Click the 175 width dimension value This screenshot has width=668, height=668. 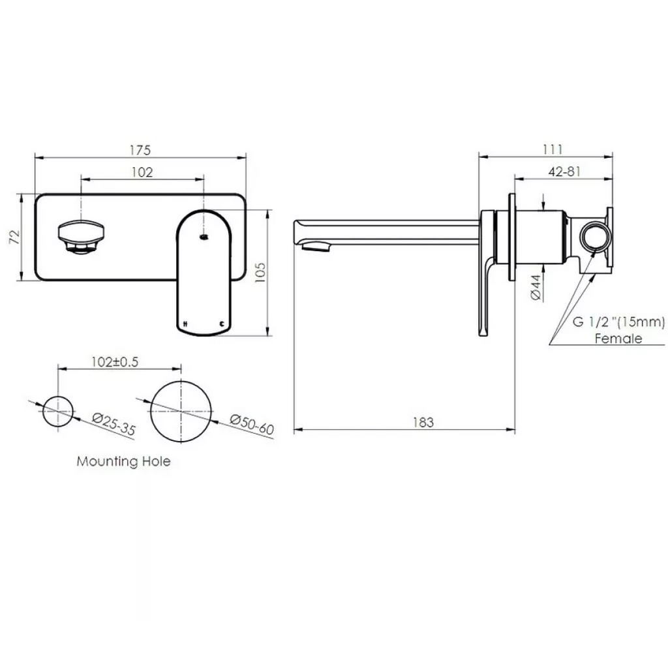click(140, 150)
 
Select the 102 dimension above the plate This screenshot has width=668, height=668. click(142, 172)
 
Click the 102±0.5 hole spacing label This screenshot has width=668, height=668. click(115, 363)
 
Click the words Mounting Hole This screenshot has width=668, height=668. click(123, 461)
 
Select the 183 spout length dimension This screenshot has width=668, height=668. click(423, 422)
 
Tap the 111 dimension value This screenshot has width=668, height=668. click(552, 149)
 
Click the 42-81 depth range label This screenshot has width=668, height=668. click(564, 172)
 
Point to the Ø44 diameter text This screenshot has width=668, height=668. click(534, 287)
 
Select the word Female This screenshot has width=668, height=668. click(618, 338)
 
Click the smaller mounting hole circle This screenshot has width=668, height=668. click(58, 411)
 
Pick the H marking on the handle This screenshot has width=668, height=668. click(187, 324)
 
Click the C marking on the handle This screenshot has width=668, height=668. click(222, 324)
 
